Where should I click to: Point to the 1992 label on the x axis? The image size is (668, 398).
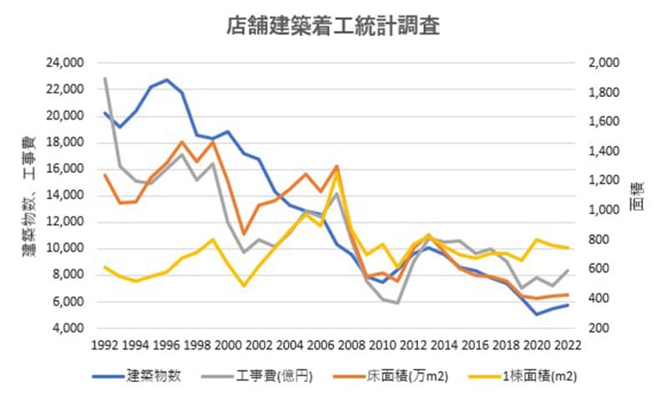[x=105, y=344]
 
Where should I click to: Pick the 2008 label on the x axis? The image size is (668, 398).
[x=351, y=344]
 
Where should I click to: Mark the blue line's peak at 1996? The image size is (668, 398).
[x=167, y=80]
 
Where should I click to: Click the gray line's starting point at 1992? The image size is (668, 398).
[x=105, y=79]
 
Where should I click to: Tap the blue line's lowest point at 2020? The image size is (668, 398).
[x=536, y=314]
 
